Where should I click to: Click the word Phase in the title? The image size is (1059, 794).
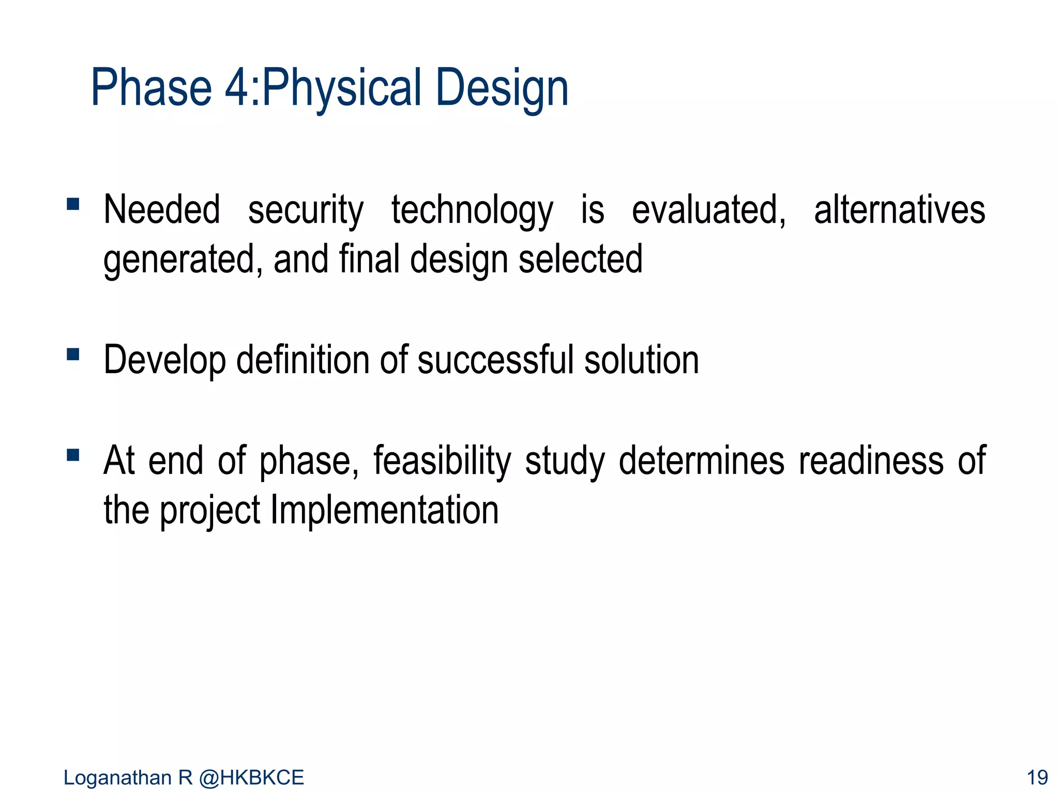(151, 88)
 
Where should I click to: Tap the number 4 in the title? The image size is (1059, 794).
(237, 88)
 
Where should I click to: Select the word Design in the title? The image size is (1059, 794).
(502, 88)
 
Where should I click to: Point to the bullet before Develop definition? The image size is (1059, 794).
(73, 354)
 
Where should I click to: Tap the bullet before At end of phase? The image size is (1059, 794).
(73, 455)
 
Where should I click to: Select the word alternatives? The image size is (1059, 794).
(899, 209)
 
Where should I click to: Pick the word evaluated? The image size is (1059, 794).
(708, 209)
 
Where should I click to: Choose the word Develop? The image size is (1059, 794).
(164, 360)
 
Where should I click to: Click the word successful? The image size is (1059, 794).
(495, 359)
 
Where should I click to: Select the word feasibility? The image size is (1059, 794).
(442, 461)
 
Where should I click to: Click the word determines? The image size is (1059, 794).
(701, 460)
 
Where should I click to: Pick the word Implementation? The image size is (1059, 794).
(384, 510)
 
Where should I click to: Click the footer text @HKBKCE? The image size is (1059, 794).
(252, 777)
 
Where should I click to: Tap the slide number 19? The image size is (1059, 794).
(1037, 777)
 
